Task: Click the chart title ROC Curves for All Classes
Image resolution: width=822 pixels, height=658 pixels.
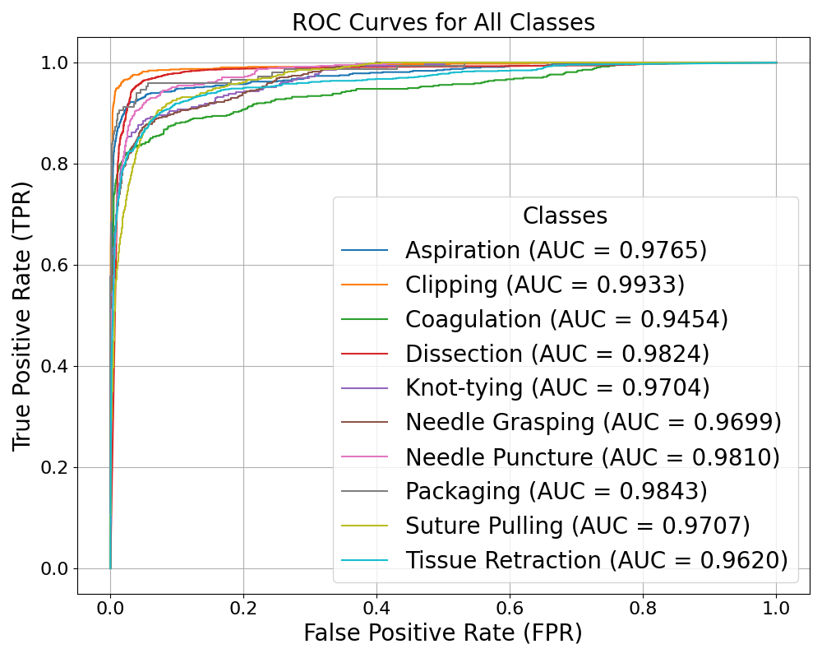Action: click(443, 22)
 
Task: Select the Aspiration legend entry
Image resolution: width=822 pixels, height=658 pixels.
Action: click(556, 250)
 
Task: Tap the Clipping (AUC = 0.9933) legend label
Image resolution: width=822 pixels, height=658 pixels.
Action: click(544, 285)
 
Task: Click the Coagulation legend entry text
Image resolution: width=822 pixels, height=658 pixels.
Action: click(566, 319)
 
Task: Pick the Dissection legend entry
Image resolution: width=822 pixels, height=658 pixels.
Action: click(556, 354)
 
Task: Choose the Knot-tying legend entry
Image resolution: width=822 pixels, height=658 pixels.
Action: click(556, 387)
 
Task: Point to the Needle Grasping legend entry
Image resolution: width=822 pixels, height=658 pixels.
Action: click(593, 422)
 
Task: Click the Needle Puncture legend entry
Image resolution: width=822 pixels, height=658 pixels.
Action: click(592, 456)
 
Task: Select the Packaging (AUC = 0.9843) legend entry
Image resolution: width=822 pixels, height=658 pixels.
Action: click(556, 491)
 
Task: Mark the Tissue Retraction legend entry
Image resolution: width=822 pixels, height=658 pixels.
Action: click(596, 560)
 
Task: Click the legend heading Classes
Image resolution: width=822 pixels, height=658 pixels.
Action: click(565, 215)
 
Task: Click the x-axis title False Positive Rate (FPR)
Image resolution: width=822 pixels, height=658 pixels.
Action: click(442, 633)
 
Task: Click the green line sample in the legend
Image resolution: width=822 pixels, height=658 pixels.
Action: click(362, 319)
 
